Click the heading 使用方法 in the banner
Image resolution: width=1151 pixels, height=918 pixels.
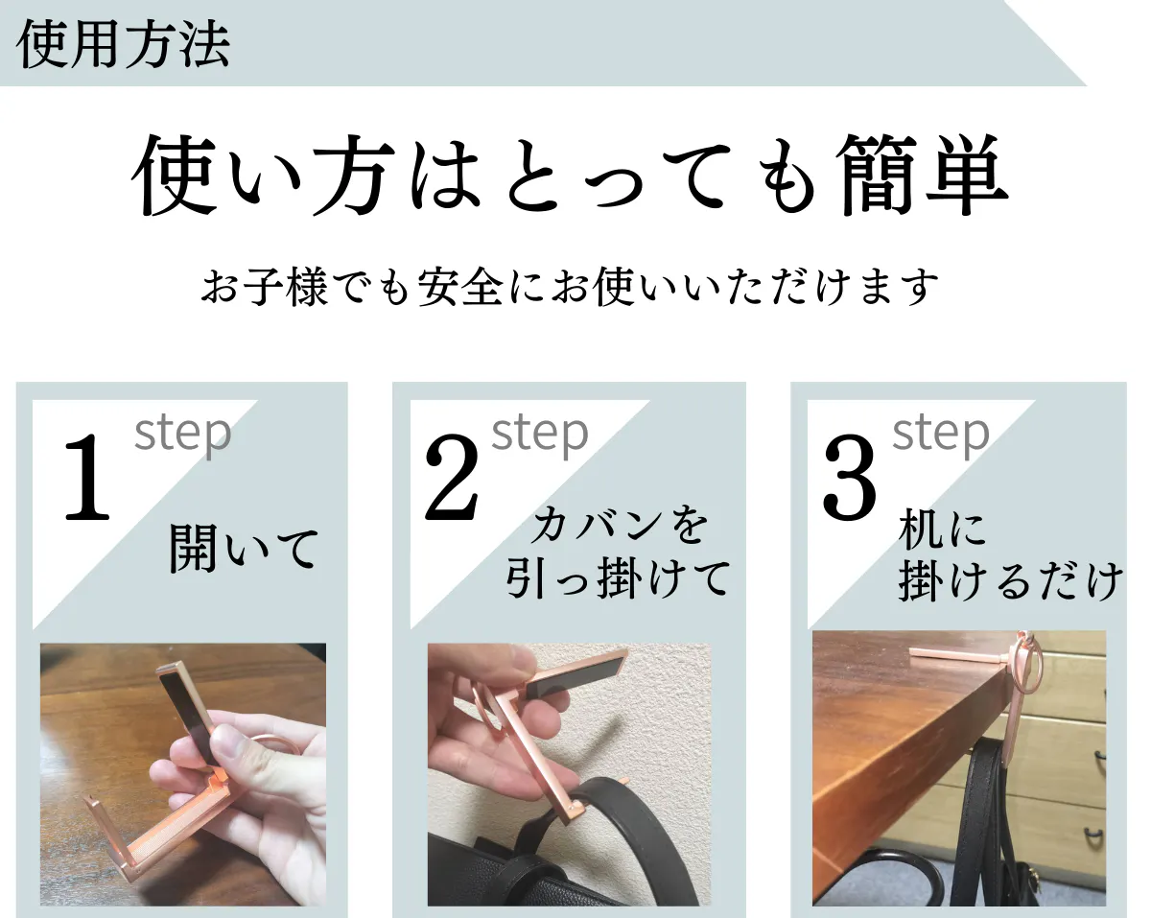(124, 44)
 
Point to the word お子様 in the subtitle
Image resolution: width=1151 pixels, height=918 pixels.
(264, 287)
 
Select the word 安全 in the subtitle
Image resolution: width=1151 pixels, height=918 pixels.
(460, 287)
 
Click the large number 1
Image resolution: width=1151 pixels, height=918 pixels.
(87, 477)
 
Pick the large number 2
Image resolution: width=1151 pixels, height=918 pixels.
(451, 477)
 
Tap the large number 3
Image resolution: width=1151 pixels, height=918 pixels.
(850, 477)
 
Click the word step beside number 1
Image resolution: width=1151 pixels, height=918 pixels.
(183, 435)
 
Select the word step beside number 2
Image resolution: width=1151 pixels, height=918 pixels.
(540, 435)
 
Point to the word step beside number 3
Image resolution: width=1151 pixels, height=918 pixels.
(941, 435)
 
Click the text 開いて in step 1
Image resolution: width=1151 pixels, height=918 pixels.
(244, 549)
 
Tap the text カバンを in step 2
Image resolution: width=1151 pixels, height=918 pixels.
(620, 525)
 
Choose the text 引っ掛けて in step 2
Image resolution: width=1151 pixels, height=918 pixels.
(618, 577)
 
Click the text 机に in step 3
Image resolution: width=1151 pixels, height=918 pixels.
(943, 530)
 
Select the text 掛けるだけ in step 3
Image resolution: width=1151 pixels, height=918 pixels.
(1010, 581)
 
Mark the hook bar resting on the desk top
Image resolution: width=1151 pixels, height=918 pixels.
(958, 655)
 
